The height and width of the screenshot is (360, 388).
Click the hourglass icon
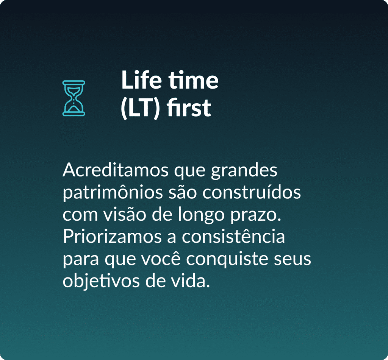[x=74, y=98]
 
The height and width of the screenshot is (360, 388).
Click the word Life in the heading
[x=142, y=80]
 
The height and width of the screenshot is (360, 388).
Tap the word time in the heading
[x=194, y=80]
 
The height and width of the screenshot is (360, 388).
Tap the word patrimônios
[x=113, y=192]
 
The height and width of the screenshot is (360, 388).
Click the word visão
[x=124, y=214]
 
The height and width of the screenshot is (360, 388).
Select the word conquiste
[x=227, y=260]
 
